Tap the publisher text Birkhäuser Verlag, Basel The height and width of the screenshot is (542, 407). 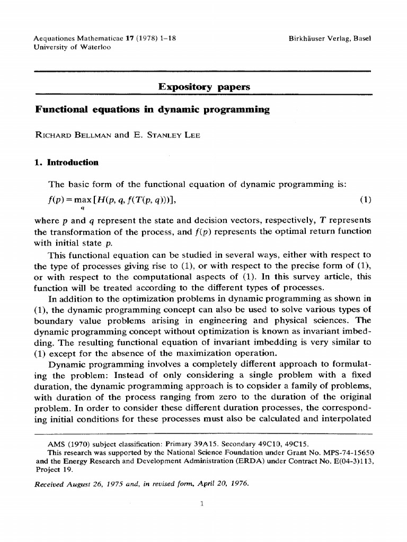tap(330, 39)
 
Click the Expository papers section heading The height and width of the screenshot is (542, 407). tap(204, 87)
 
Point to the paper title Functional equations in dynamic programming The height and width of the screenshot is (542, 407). tap(152, 110)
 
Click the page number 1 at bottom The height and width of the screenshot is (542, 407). tap(203, 503)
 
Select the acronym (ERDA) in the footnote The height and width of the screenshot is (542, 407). tap(225, 461)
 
